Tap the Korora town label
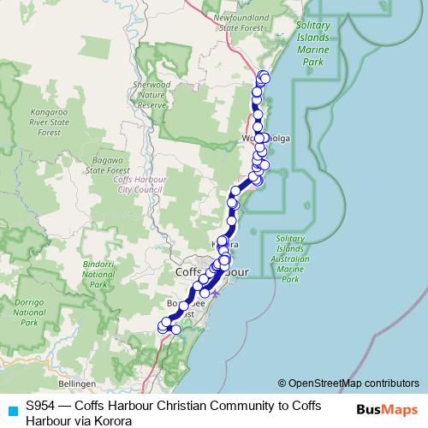click(x=224, y=245)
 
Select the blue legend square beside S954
click(x=11, y=410)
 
